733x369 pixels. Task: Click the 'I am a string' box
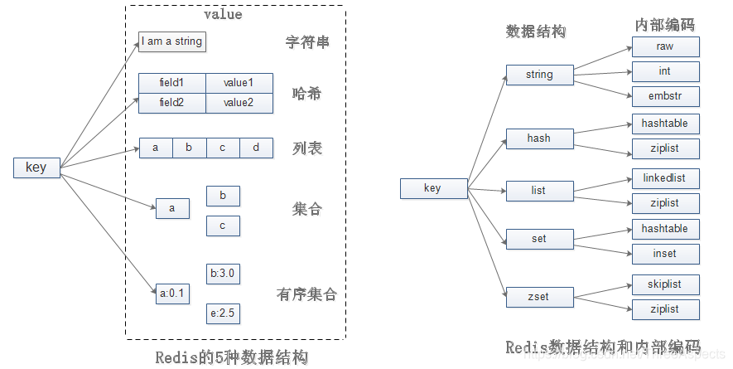point(171,41)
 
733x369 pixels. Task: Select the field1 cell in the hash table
point(171,83)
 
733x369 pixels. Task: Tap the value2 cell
point(239,103)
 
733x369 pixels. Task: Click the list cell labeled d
point(256,148)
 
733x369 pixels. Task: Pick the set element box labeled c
point(223,226)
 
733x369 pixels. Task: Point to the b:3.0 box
point(223,274)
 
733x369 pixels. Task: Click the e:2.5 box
point(223,313)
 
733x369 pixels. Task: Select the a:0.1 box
point(172,293)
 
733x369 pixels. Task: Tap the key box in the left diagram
point(36,168)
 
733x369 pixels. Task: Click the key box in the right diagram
point(432,188)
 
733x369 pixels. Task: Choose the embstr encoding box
point(665,95)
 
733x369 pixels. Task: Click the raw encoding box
point(665,47)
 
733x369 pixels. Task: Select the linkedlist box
point(665,178)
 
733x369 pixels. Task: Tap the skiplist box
point(665,284)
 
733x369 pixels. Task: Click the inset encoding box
point(665,254)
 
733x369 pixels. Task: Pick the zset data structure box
point(539,295)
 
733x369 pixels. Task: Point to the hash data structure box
point(539,138)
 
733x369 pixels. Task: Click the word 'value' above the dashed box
point(223,15)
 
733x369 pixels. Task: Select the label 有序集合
point(306,294)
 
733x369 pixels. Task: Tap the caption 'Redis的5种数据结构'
point(232,357)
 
